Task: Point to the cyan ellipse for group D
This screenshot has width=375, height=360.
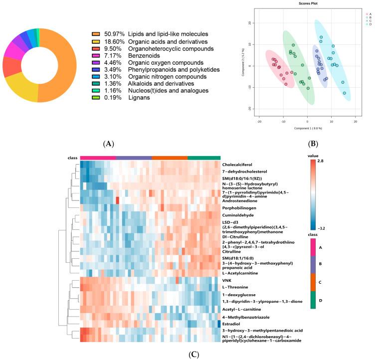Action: (x=333, y=60)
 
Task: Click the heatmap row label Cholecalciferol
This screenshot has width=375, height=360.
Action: (x=242, y=164)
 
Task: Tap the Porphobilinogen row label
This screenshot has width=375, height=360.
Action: (x=242, y=207)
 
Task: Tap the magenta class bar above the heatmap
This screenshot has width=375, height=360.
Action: (x=98, y=157)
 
